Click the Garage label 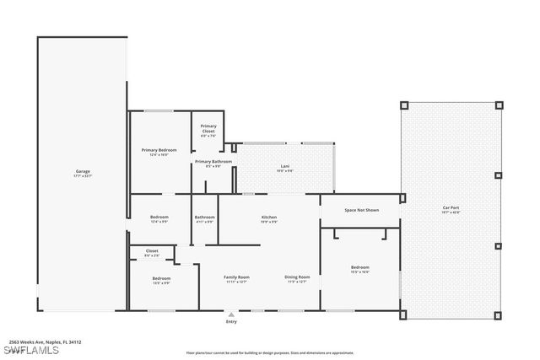tap(82, 171)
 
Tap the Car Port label tap(451, 207)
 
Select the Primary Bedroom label tap(159, 150)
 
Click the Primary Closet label tap(208, 126)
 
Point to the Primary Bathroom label tap(213, 161)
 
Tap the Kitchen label tap(269, 217)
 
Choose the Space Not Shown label tap(361, 209)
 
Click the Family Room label tap(236, 277)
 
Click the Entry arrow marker tap(231, 314)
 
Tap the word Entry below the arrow tap(231, 322)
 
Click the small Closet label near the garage tap(152, 250)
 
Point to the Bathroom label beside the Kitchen tap(205, 217)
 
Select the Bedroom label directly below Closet tap(161, 278)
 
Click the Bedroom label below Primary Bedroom tap(159, 217)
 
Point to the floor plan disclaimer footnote tap(270, 352)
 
